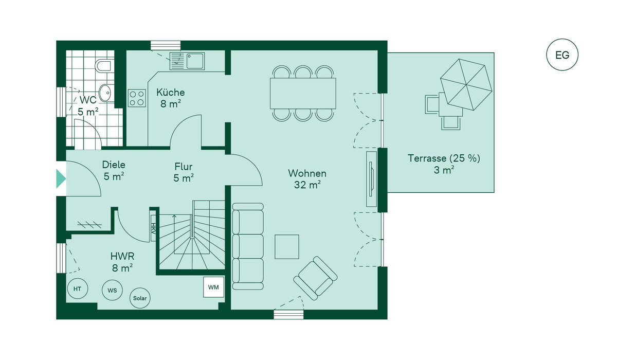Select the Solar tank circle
click(x=140, y=298)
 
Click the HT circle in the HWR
click(x=78, y=289)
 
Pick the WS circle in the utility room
click(x=112, y=290)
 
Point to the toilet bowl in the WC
click(x=103, y=66)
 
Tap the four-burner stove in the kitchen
click(x=137, y=98)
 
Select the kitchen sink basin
click(x=195, y=61)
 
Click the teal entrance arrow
click(x=61, y=179)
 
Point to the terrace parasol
click(x=466, y=84)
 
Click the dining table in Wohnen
click(x=303, y=94)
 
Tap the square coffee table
click(x=287, y=246)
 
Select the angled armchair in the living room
click(x=315, y=278)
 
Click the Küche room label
click(x=171, y=92)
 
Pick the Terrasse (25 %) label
click(x=444, y=158)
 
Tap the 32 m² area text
click(x=307, y=185)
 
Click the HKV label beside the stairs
click(x=153, y=228)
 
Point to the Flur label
click(x=183, y=167)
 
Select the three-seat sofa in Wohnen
click(x=248, y=246)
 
